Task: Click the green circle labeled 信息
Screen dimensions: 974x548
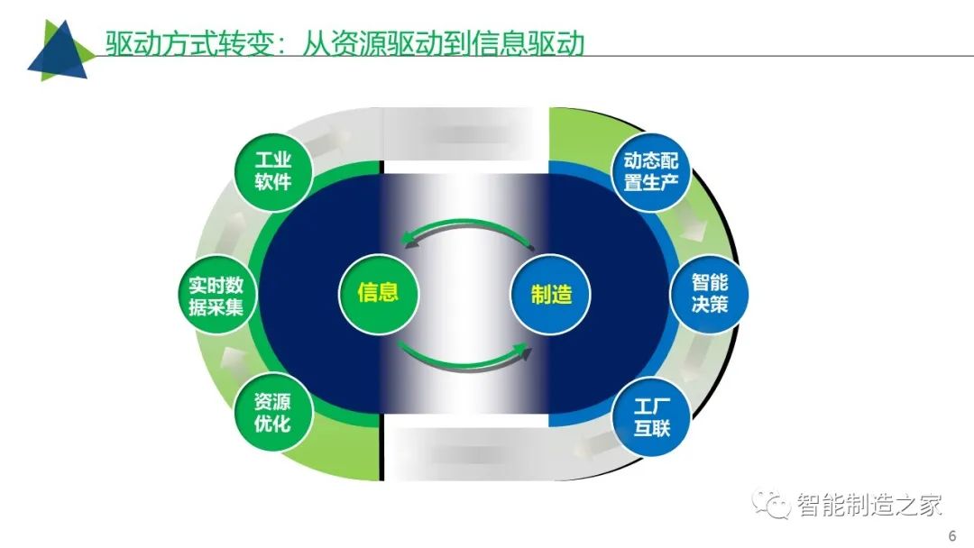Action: [378, 293]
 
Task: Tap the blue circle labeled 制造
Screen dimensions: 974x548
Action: [550, 294]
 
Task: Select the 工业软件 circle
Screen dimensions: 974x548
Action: [273, 171]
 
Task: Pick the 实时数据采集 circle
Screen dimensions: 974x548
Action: [216, 296]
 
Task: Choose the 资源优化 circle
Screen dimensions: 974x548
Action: [273, 413]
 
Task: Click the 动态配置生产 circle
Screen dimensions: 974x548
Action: [651, 172]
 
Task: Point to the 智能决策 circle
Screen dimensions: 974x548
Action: [709, 294]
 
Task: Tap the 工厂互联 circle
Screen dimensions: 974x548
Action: [651, 416]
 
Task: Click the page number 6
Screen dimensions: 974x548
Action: [952, 535]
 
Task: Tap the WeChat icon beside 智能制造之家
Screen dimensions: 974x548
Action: [771, 503]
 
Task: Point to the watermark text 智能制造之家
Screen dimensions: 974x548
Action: [869, 505]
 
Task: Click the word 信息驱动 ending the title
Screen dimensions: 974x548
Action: [527, 43]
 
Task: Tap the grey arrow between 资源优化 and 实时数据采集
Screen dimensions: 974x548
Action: [233, 360]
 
